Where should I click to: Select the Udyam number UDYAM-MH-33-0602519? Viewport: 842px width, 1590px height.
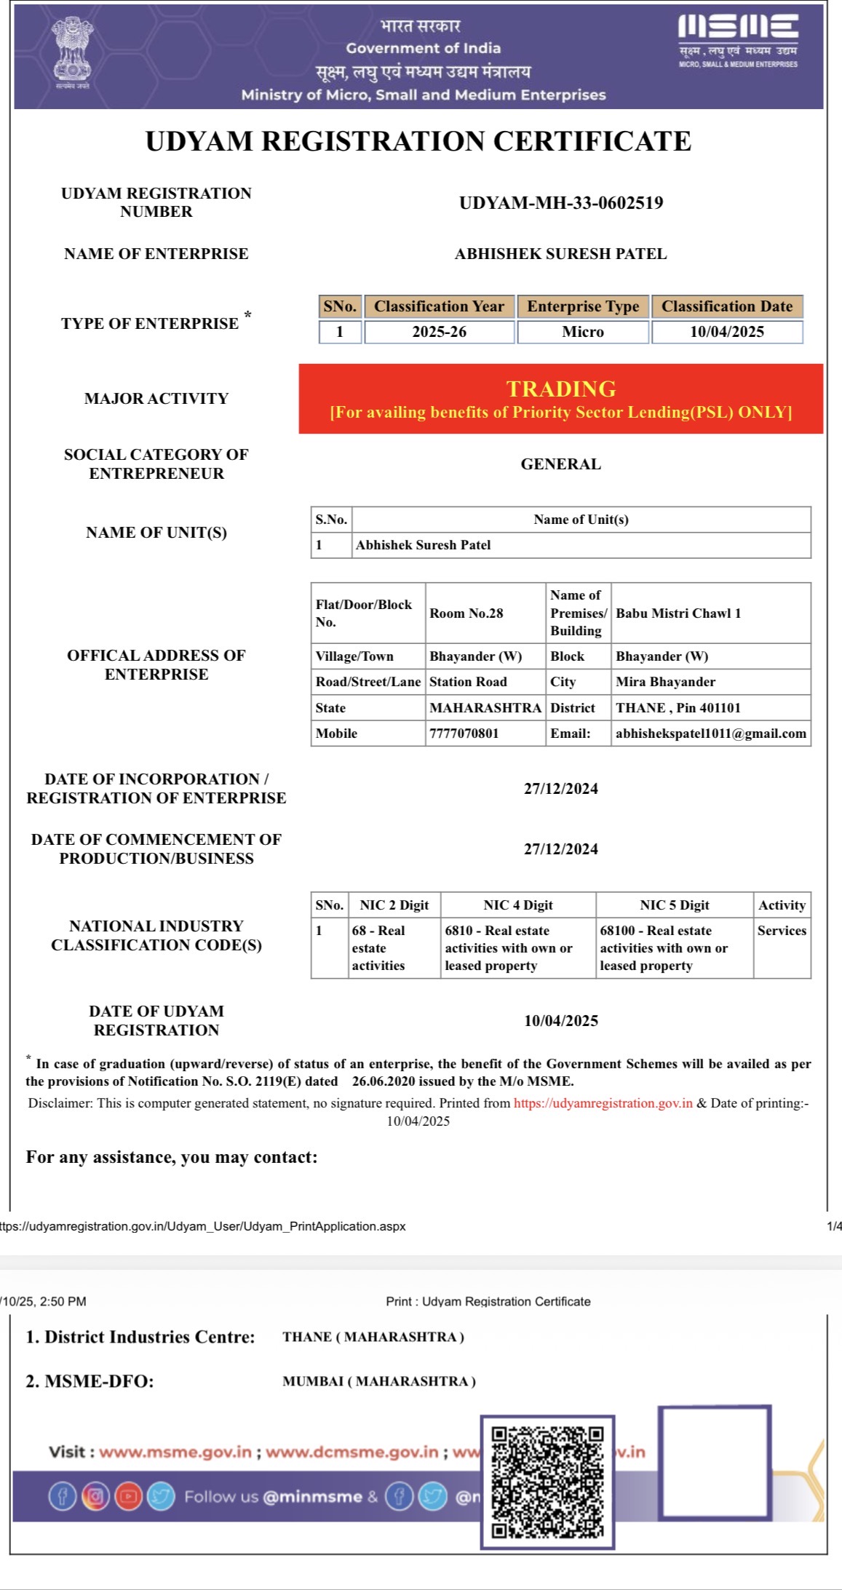[561, 203]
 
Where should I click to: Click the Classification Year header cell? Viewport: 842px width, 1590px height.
[439, 306]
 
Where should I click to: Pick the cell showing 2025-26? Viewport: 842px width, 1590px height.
[439, 332]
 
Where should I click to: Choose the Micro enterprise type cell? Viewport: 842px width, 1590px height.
[583, 332]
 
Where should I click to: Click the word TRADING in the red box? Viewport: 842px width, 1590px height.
[561, 389]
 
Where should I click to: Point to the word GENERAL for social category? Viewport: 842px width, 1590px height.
[561, 464]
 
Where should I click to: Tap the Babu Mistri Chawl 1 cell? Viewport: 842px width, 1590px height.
[678, 613]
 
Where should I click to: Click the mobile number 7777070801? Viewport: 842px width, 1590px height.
[464, 734]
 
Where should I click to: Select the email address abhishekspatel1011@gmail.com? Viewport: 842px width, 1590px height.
[711, 734]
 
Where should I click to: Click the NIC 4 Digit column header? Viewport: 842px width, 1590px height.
[518, 905]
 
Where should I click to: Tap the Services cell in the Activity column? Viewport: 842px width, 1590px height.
[782, 931]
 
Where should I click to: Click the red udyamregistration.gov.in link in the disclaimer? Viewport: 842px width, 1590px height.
[603, 1103]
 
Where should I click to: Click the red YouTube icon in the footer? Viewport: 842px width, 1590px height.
[128, 1497]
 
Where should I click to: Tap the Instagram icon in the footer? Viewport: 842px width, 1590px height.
[95, 1497]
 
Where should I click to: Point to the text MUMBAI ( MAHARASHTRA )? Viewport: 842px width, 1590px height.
[379, 1381]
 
